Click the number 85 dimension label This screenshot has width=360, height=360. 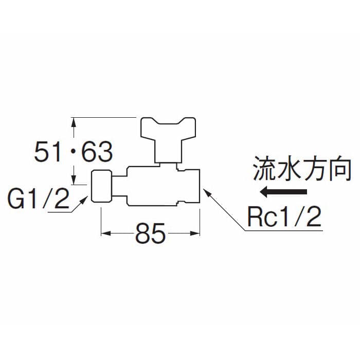coord(150,235)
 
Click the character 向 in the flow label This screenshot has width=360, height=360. coord(340,170)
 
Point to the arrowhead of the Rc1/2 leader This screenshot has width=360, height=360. coord(206,191)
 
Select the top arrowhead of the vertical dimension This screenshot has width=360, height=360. coord(74,122)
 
